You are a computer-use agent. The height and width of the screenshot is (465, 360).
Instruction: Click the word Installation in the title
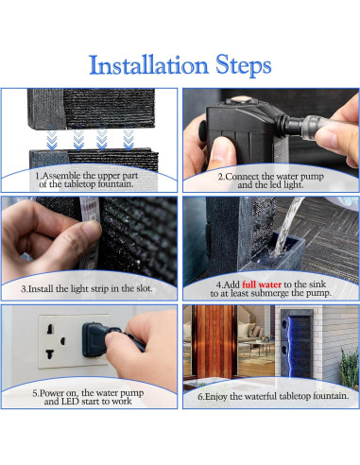tap(148, 65)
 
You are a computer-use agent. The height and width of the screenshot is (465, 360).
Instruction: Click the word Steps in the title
tap(243, 65)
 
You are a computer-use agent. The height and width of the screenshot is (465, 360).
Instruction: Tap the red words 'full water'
tap(262, 284)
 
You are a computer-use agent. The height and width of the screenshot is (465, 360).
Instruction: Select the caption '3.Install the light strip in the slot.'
tap(87, 288)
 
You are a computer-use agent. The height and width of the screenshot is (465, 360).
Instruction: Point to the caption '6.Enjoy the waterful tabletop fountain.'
tap(273, 396)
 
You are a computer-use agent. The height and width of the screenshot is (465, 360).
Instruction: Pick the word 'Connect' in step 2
tap(242, 177)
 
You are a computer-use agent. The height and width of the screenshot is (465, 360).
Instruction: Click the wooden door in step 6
tap(214, 341)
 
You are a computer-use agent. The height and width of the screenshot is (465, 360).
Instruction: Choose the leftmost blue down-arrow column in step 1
tap(52, 139)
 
